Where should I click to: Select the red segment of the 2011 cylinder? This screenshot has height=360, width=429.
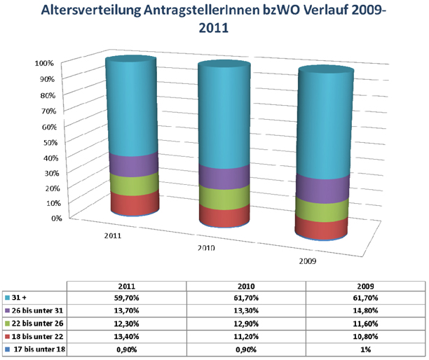[x=134, y=204]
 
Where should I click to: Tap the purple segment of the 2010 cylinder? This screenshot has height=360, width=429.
[x=224, y=177]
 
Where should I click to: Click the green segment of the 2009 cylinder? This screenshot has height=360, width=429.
[x=323, y=209]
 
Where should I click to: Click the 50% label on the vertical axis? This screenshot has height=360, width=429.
[x=47, y=141]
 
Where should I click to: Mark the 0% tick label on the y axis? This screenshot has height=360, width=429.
[x=49, y=218]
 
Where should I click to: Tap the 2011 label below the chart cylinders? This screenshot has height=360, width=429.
[x=111, y=236]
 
